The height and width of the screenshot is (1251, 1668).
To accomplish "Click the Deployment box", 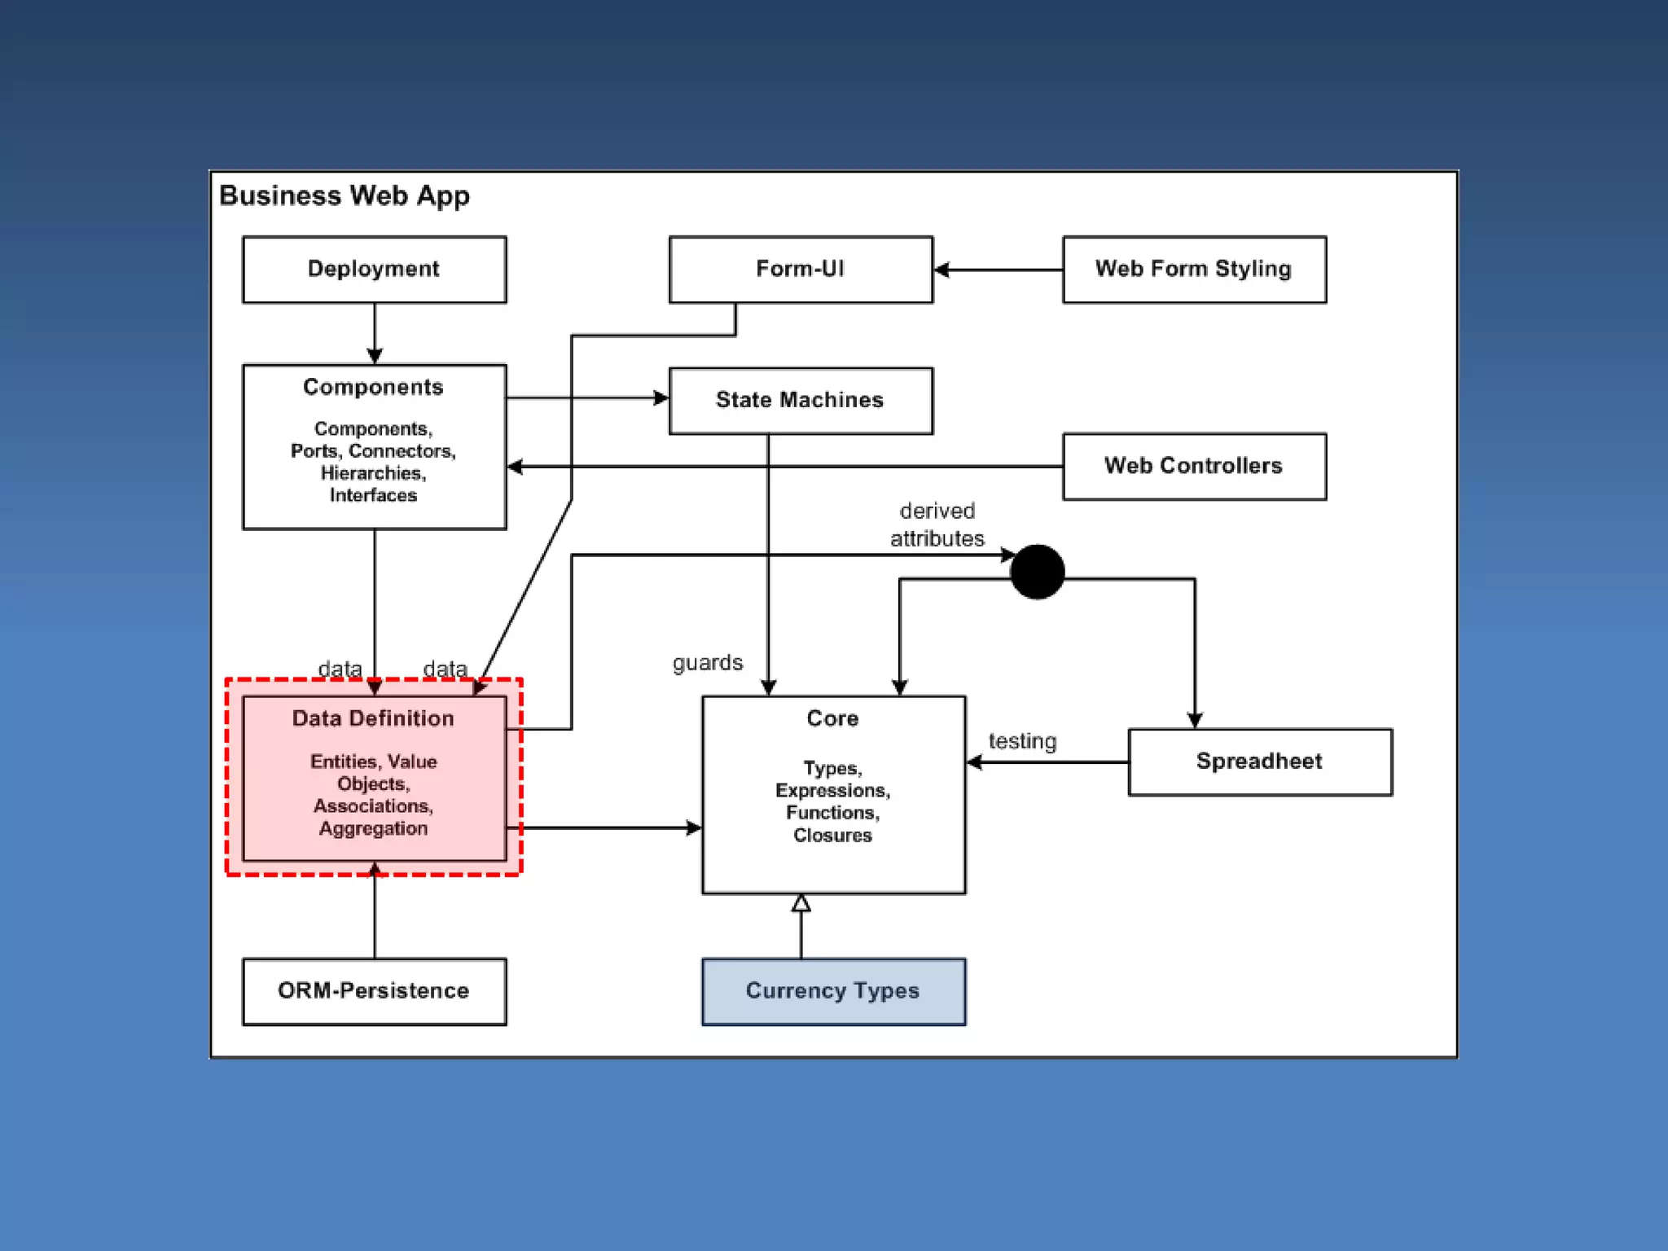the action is [375, 270].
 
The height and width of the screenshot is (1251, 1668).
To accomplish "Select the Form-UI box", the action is [801, 270].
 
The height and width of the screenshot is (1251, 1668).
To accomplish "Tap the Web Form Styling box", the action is [1195, 270].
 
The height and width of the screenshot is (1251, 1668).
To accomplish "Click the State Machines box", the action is [801, 401].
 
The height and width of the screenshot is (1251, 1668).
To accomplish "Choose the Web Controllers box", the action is [1195, 467].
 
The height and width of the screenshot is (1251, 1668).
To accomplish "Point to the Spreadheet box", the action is [1260, 762].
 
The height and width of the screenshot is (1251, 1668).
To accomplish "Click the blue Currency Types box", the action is [834, 991].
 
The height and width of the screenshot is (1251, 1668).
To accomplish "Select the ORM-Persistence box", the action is [375, 991].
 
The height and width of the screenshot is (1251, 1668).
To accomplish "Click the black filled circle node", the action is [1037, 572].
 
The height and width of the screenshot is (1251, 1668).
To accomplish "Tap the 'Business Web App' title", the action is [345, 195].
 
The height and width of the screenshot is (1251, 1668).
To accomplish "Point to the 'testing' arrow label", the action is [1022, 741].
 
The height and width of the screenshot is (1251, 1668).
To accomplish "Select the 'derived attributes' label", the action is [937, 525].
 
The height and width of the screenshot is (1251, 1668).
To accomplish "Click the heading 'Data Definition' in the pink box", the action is [373, 718].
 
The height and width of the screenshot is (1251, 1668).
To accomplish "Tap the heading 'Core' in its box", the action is [832, 718].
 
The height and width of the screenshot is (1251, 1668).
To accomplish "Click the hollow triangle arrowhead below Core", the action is [801, 902].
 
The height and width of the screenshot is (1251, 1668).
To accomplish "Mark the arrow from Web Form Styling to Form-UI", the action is [999, 270].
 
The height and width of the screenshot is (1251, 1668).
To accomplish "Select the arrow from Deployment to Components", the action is [375, 334].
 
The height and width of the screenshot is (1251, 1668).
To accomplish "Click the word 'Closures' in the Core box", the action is [832, 835].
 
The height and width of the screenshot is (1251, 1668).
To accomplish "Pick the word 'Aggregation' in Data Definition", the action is [373, 828].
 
